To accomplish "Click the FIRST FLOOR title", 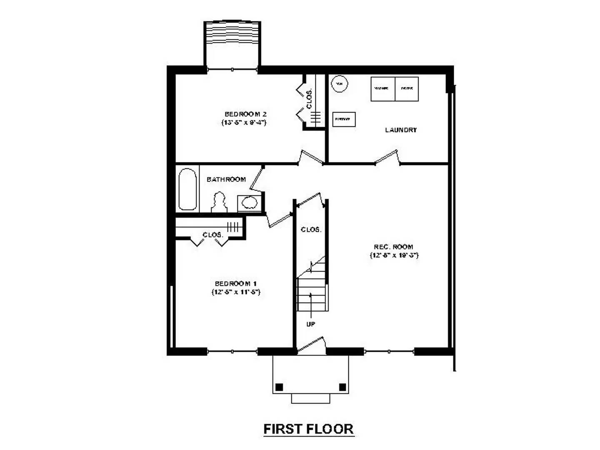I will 308,429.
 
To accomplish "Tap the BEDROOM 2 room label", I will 245,114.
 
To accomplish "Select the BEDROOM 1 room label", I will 235,283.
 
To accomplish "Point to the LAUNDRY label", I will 401,130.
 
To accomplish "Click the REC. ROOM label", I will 393,247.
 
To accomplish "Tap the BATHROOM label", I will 226,180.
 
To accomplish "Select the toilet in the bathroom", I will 219,203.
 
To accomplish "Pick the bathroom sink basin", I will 250,203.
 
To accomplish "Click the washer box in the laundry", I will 382,89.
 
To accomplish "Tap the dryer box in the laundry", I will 407,89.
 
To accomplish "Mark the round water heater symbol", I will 339,84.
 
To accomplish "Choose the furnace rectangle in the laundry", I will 344,119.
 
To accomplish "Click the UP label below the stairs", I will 311,324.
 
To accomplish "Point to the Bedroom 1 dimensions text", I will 236,292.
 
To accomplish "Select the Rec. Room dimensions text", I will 394,255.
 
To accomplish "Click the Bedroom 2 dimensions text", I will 244,122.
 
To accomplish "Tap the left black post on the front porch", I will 279,387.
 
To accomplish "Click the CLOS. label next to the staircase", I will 311,230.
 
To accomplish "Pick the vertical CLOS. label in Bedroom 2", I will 309,99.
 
